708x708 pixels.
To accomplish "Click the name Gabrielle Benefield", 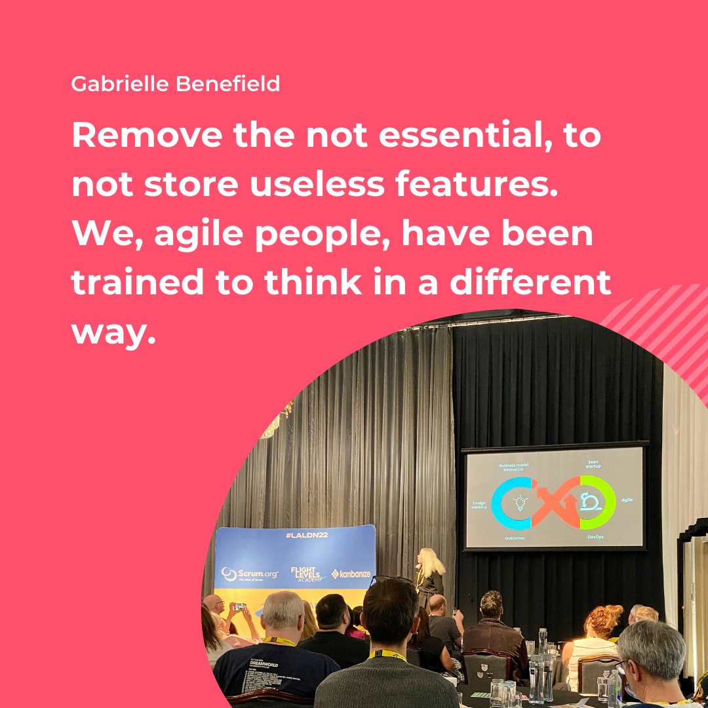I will [176, 84].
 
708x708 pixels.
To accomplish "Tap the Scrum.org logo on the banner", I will [250, 574].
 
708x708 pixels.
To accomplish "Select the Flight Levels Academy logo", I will [309, 574].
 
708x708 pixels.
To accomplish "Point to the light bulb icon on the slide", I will [521, 503].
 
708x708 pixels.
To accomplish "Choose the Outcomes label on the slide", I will [515, 538].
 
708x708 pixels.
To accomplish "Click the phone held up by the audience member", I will [240, 606].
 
